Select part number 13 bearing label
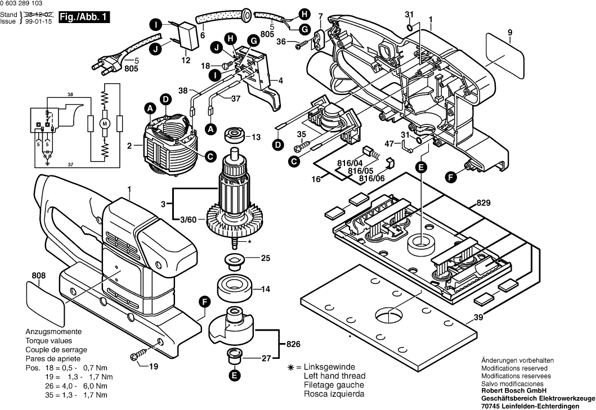[256, 137]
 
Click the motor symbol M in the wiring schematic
[104, 121]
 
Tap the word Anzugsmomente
[53, 332]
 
